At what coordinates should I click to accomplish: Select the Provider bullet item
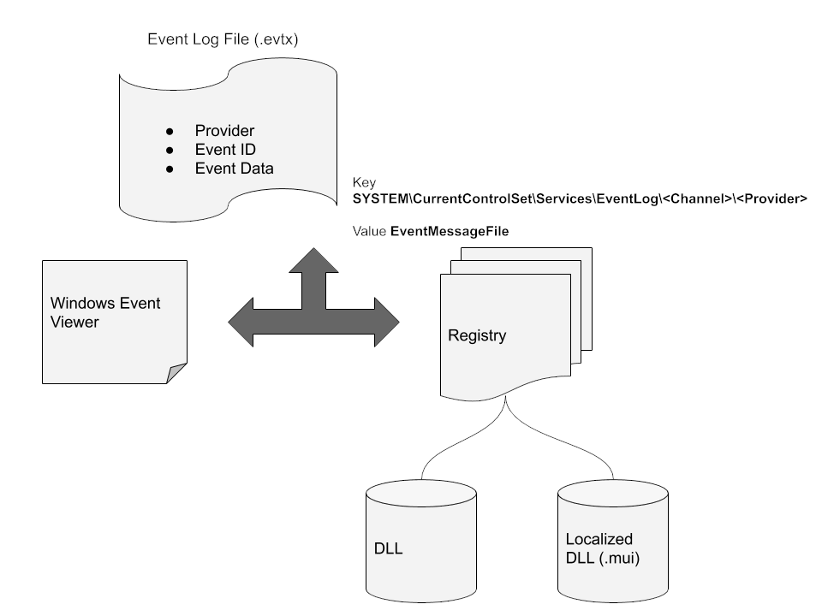coord(224,131)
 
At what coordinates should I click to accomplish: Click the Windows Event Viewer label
coord(105,313)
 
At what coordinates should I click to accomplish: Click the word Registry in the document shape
coord(477,335)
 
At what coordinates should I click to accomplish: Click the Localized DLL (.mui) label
coord(599,548)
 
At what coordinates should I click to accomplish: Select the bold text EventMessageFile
coord(444,231)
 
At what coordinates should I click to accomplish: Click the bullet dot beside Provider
coord(170,131)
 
